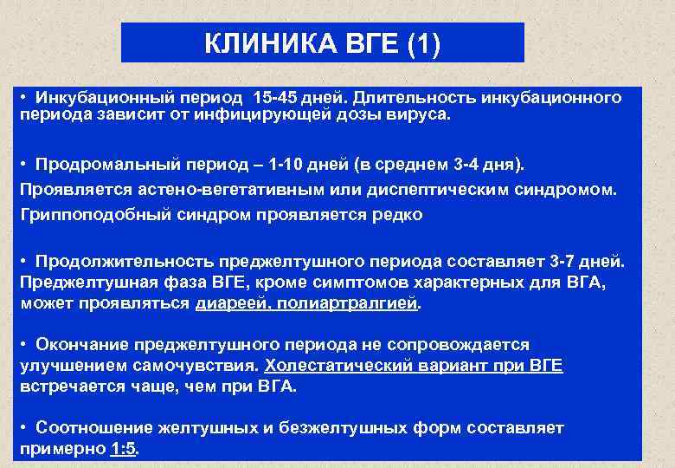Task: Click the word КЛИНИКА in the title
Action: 257,43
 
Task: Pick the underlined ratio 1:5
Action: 125,450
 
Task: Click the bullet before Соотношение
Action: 25,428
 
